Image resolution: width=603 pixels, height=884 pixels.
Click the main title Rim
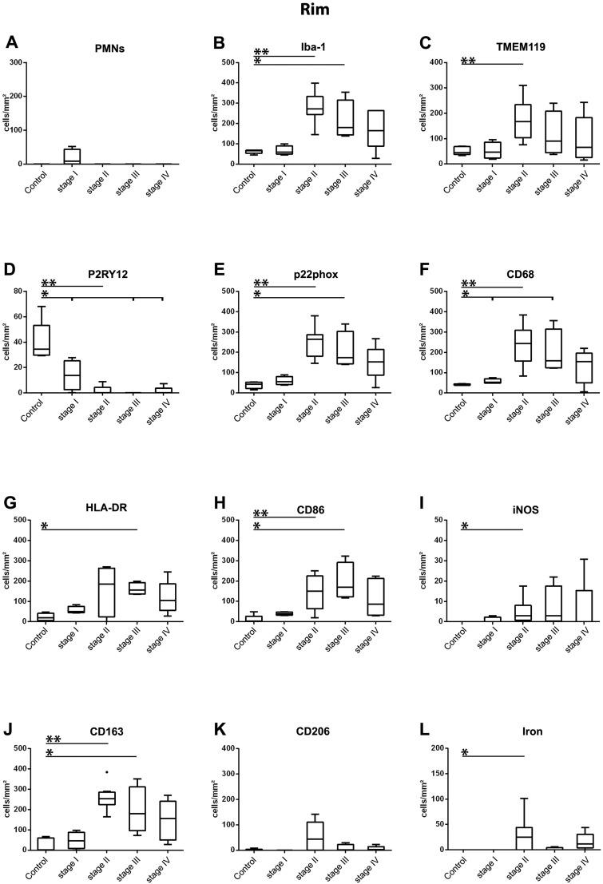300,10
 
